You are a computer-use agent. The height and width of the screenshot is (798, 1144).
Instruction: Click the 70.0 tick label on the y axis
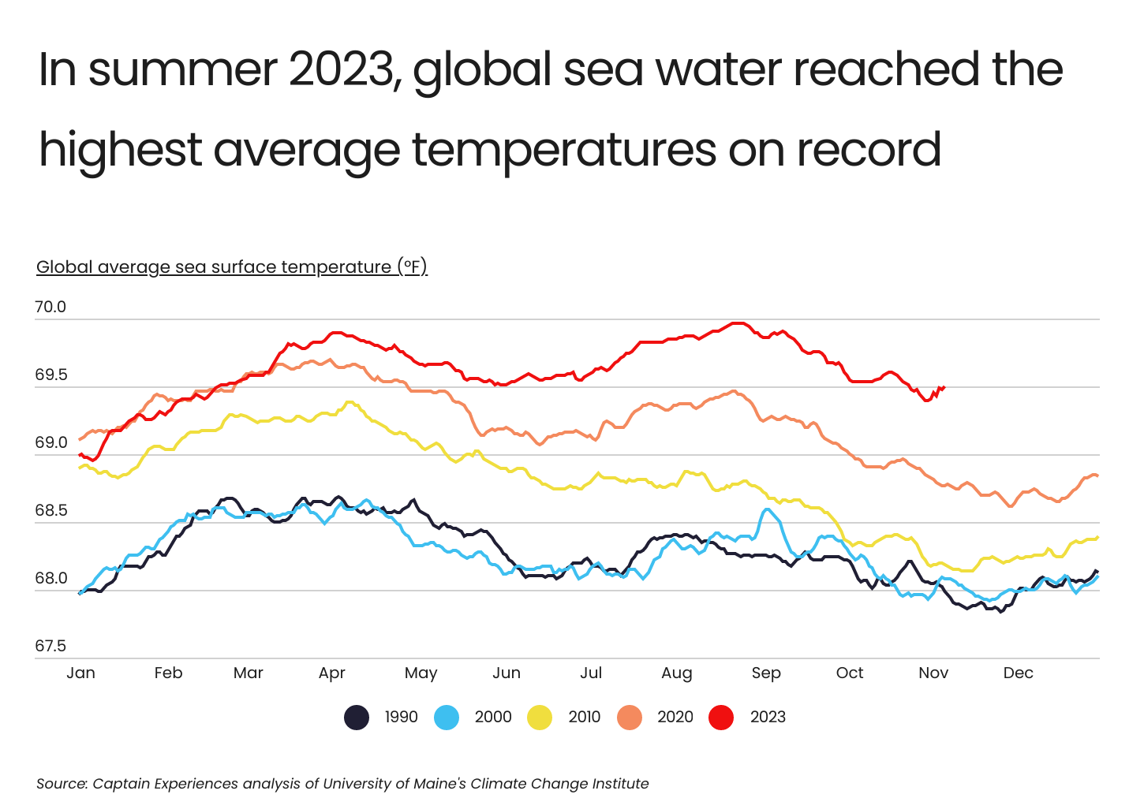pyautogui.click(x=50, y=308)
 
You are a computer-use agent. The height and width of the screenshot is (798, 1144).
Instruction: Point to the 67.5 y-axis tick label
pyautogui.click(x=50, y=647)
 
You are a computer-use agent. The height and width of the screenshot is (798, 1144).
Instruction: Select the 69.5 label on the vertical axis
pyautogui.click(x=50, y=375)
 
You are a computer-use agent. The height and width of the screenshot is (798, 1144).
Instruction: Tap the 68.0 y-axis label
pyautogui.click(x=50, y=579)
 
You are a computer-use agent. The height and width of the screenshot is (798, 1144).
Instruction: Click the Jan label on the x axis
pyautogui.click(x=80, y=673)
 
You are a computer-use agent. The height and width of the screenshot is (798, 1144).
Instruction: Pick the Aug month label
pyautogui.click(x=676, y=673)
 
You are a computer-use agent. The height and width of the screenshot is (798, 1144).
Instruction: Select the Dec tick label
pyautogui.click(x=1018, y=673)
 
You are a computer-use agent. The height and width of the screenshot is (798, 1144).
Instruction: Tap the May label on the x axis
pyautogui.click(x=421, y=673)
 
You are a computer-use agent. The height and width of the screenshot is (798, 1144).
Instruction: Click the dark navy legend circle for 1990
pyautogui.click(x=357, y=718)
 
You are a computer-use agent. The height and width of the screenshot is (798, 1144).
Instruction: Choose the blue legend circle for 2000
pyautogui.click(x=447, y=718)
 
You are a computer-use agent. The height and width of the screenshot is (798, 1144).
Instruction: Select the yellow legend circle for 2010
pyautogui.click(x=540, y=718)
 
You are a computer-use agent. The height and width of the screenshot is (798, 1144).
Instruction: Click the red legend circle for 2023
pyautogui.click(x=721, y=718)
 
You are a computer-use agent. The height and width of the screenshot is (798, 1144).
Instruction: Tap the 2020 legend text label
pyautogui.click(x=675, y=718)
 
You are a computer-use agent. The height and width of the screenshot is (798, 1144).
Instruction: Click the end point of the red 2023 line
pyautogui.click(x=944, y=387)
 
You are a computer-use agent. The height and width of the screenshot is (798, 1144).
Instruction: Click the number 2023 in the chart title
pyautogui.click(x=341, y=69)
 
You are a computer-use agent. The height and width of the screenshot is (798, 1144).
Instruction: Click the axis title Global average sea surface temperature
pyautogui.click(x=231, y=267)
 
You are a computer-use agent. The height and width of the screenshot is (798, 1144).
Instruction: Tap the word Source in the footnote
pyautogui.click(x=61, y=784)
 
